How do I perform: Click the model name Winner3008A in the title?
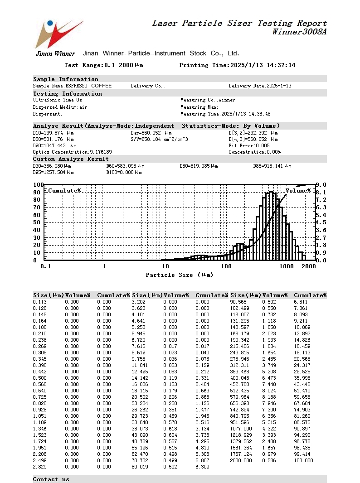[299, 32]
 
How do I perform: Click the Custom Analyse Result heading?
[71, 159]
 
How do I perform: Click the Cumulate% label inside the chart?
[64, 191]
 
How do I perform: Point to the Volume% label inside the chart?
[298, 191]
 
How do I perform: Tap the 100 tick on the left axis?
[39, 185]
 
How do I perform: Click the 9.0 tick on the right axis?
[321, 185]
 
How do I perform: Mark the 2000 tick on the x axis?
[308, 266]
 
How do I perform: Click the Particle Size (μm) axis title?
[179, 275]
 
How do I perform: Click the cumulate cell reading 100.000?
[303, 460]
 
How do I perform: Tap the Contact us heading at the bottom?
[51, 479]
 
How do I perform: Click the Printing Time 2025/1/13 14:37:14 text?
[237, 65]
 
